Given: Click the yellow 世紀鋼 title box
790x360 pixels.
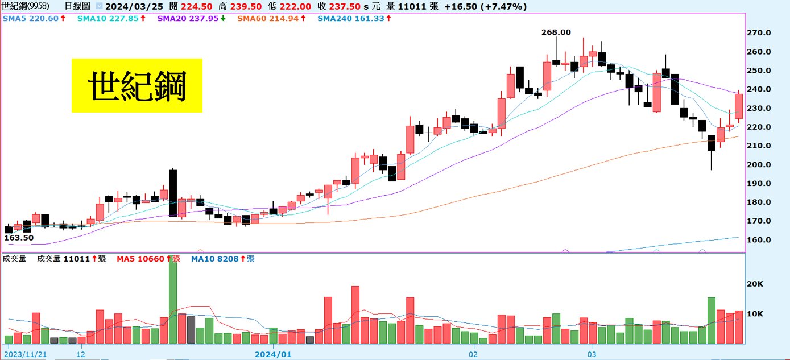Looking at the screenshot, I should tap(137, 85).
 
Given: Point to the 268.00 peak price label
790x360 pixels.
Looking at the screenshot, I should tap(556, 32).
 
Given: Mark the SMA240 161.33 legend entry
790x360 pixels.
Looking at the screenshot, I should tap(354, 19).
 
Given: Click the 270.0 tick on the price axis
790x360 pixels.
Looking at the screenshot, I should tap(759, 33).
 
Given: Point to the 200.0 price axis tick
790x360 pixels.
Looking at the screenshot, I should tap(759, 165).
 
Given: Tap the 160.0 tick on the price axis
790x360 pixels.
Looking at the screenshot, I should tap(759, 240).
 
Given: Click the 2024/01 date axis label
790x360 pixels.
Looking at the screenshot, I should tap(273, 354).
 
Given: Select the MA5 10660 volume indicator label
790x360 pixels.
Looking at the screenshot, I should tap(148, 259).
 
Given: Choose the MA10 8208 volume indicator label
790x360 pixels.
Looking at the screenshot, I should tap(222, 259).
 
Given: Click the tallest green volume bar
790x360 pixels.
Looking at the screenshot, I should tap(173, 299).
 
